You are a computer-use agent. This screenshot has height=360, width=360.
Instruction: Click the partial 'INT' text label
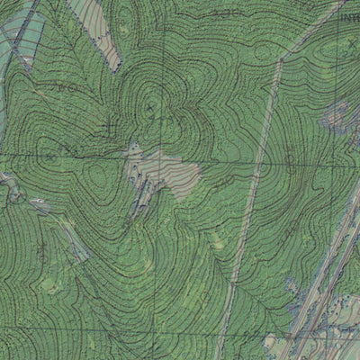348,16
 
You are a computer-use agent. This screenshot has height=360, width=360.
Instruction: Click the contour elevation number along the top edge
231,12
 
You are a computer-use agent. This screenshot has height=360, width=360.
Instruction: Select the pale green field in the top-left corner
18,36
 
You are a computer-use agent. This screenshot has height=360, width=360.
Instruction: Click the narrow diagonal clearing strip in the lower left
63,229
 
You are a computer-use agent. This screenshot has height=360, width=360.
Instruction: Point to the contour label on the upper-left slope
65,87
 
